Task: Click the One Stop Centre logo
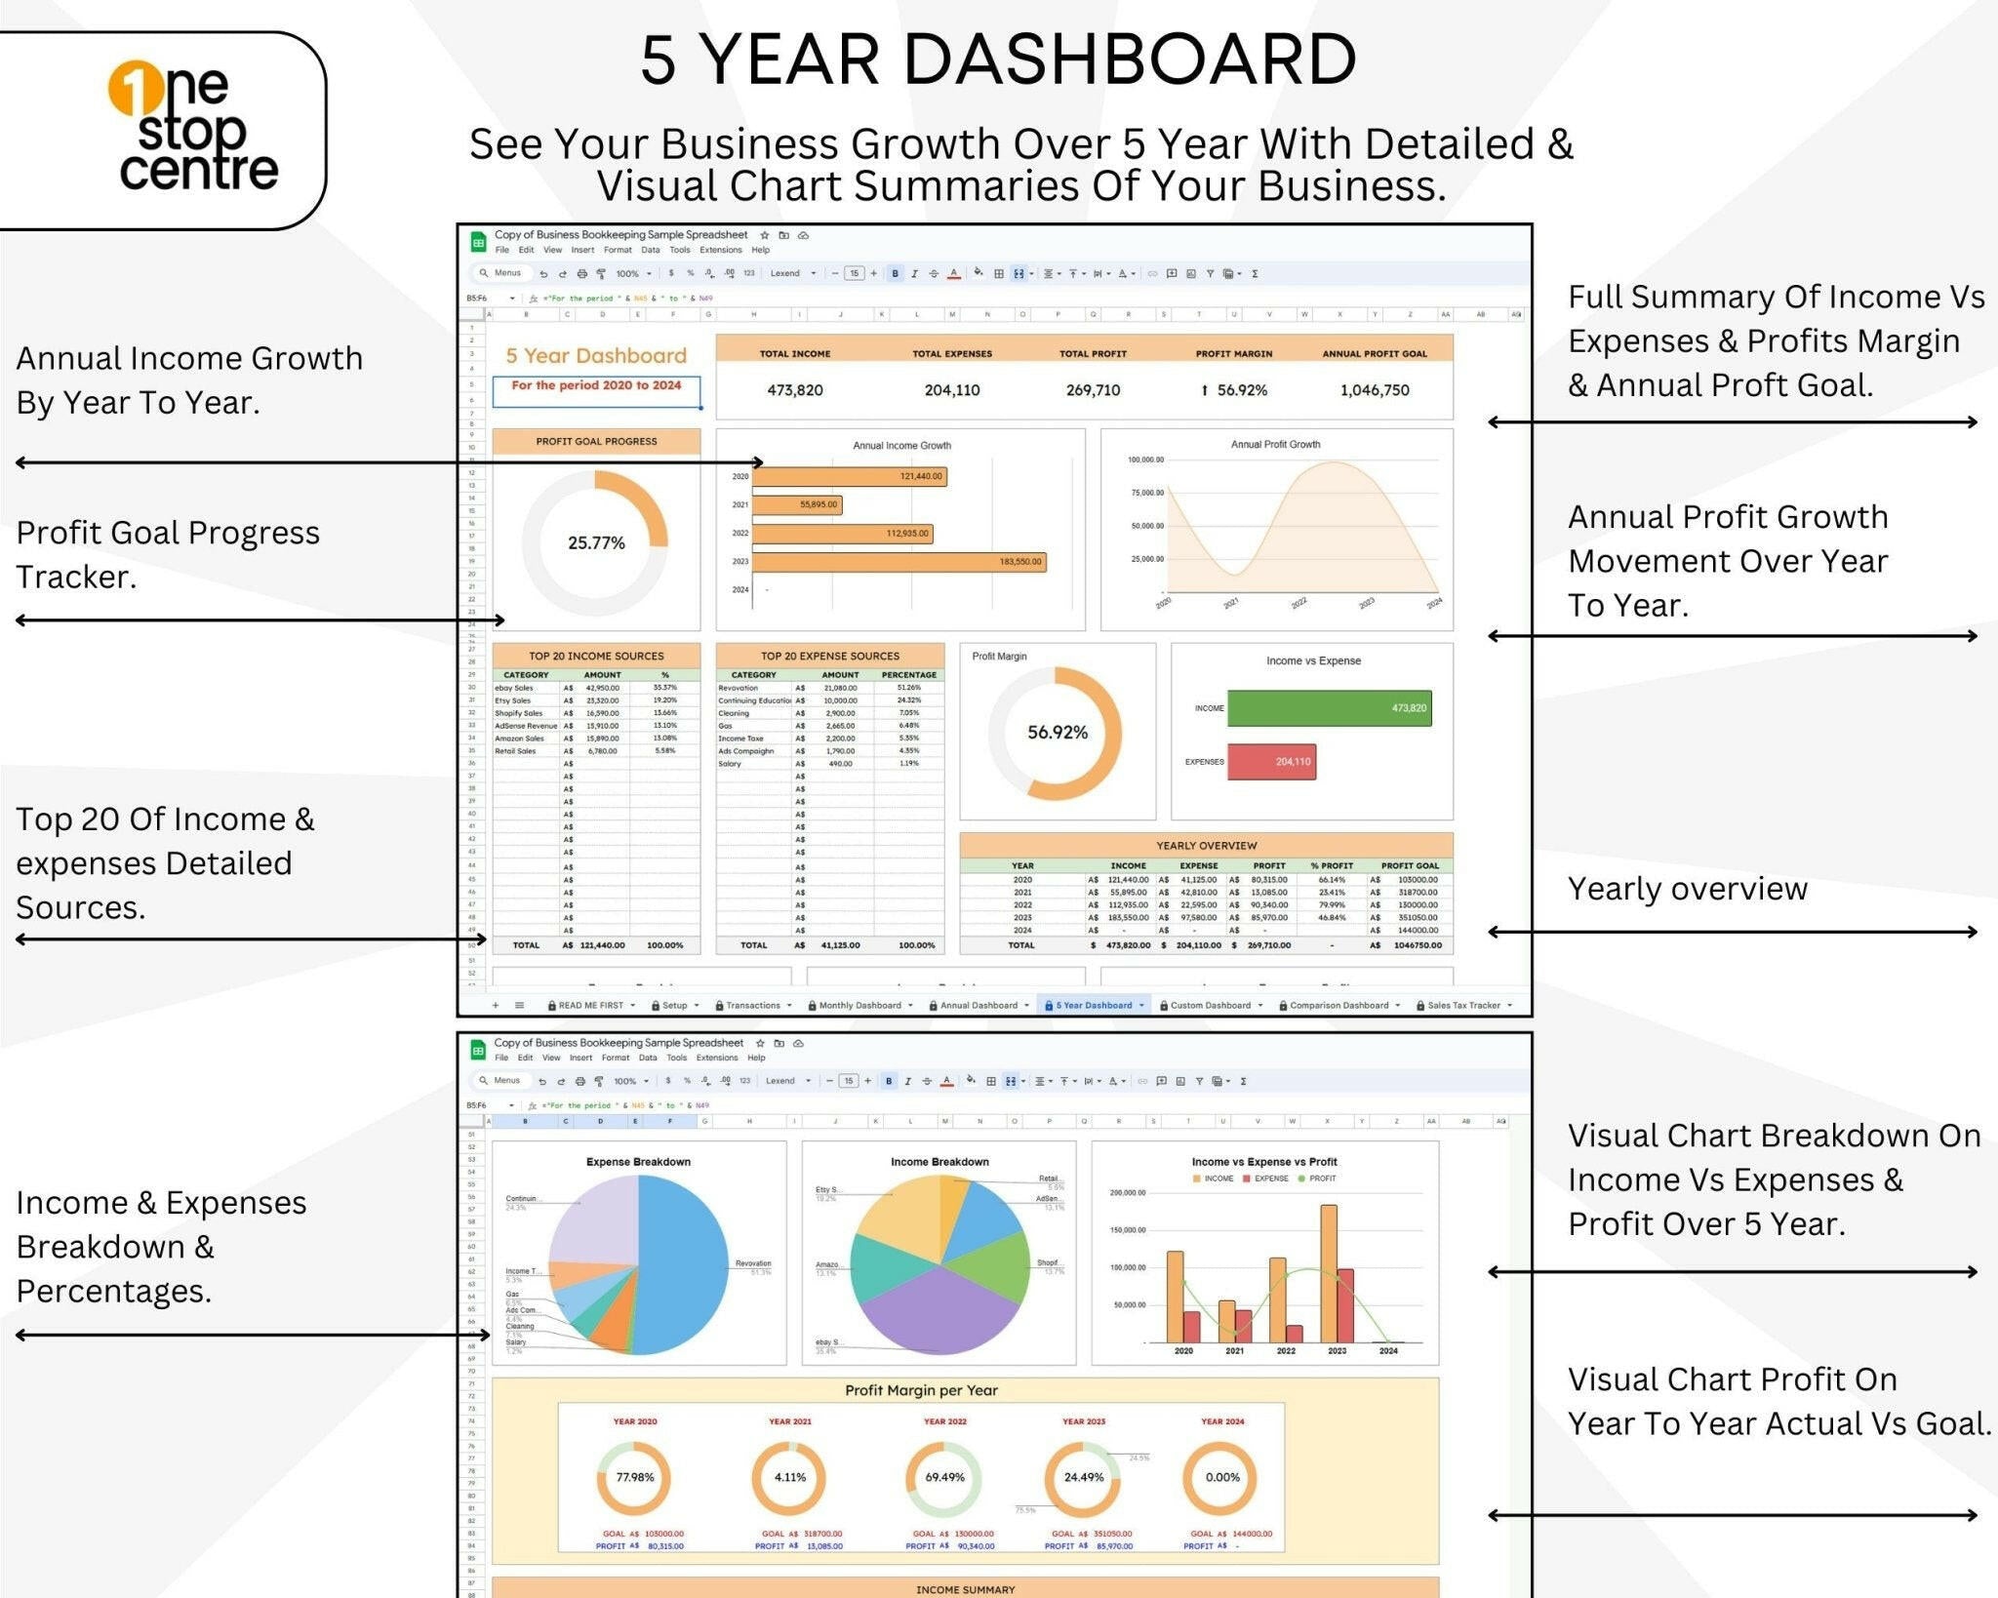(x=193, y=128)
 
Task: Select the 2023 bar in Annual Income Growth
(x=898, y=562)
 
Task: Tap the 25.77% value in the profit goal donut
(x=596, y=543)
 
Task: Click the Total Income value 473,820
(x=794, y=390)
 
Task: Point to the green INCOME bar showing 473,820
(x=1329, y=708)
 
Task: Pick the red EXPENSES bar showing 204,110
(x=1271, y=762)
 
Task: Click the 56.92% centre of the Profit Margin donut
(x=1057, y=733)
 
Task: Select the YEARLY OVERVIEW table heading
(x=1206, y=846)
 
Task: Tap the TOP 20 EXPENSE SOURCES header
(x=829, y=657)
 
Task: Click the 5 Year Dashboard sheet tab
(x=1094, y=1005)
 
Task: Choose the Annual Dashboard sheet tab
(x=979, y=1005)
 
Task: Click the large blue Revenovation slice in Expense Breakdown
(x=688, y=1263)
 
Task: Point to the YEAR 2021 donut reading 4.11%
(x=789, y=1477)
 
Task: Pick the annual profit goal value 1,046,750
(x=1374, y=390)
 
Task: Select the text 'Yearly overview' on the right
(x=1687, y=889)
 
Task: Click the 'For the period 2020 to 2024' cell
(x=596, y=386)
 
